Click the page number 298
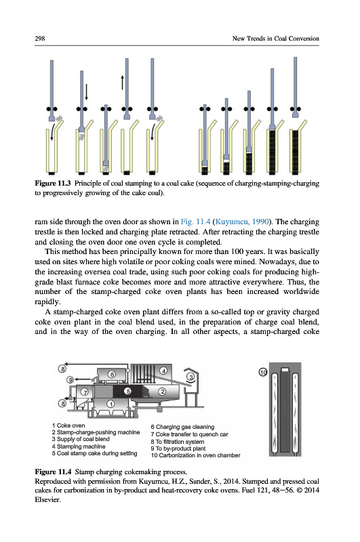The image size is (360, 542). pyautogui.click(x=40, y=39)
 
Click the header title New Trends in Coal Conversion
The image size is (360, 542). pyautogui.click(x=276, y=39)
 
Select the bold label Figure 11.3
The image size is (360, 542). pyautogui.click(x=53, y=183)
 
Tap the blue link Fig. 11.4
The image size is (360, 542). pyautogui.click(x=195, y=222)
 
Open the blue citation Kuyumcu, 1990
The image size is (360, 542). pyautogui.click(x=242, y=222)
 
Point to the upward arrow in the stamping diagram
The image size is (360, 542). pyautogui.click(x=122, y=82)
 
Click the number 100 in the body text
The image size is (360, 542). pyautogui.click(x=237, y=251)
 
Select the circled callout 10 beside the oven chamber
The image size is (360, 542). pyautogui.click(x=263, y=372)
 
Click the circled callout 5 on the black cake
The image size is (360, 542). pyautogui.click(x=128, y=391)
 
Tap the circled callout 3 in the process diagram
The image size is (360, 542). pyautogui.click(x=191, y=377)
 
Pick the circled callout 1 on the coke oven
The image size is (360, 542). pyautogui.click(x=111, y=404)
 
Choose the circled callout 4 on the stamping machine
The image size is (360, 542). pyautogui.click(x=163, y=371)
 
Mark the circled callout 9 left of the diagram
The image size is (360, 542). pyautogui.click(x=71, y=380)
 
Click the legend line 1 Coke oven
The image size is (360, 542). pyautogui.click(x=68, y=425)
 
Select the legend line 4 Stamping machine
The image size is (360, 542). pyautogui.click(x=79, y=446)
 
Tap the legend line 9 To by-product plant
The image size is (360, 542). pyautogui.click(x=178, y=449)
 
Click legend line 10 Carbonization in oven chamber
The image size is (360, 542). pyautogui.click(x=195, y=455)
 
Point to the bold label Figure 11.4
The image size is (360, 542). pyautogui.click(x=54, y=472)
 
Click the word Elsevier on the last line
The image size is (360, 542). pyautogui.click(x=47, y=499)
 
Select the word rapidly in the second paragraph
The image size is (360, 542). pyautogui.click(x=47, y=301)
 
